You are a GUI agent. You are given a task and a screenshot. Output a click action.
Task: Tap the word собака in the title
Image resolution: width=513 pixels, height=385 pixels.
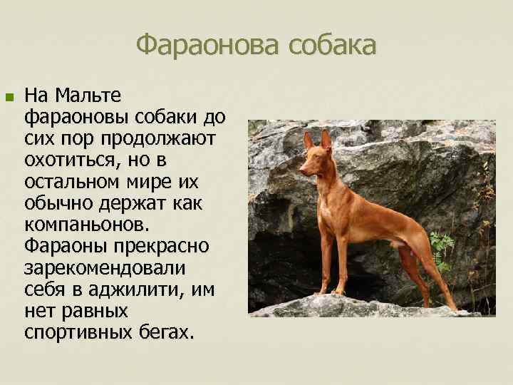331,46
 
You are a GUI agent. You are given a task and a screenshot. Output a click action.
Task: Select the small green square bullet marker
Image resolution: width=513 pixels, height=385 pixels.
9,96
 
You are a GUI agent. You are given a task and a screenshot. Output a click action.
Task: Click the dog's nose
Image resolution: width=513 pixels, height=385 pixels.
301,170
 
